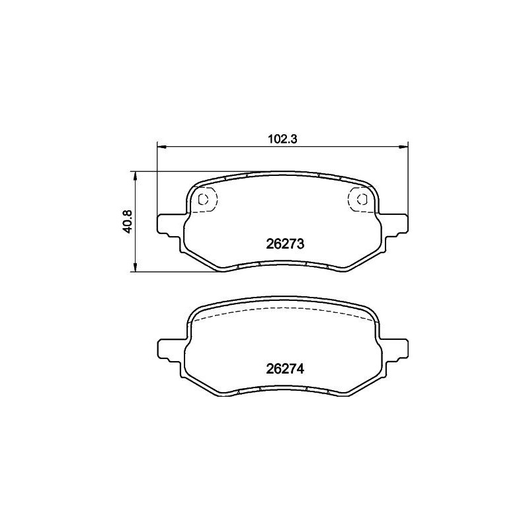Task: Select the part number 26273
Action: point(284,243)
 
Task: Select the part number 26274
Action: point(284,370)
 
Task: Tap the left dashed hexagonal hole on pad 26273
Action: point(206,198)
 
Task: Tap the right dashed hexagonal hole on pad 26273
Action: point(360,198)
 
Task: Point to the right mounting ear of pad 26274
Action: point(396,348)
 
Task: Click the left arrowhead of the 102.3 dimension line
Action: point(161,147)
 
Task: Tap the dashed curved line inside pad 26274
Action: point(284,310)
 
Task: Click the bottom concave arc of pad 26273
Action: point(284,262)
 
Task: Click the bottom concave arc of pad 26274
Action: point(284,388)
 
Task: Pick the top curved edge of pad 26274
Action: point(284,300)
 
